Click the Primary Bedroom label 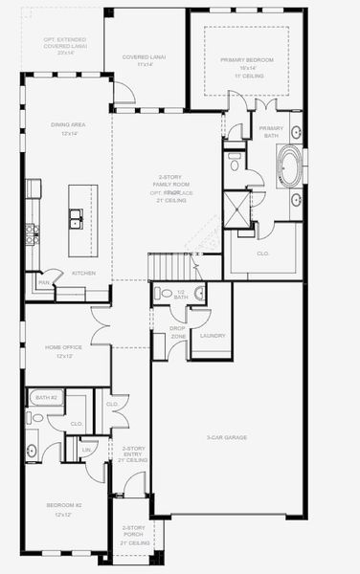coord(246,63)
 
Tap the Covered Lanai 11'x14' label coord(144,60)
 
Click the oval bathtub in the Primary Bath coord(288,165)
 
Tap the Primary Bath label coord(272,130)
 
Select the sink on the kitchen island coord(75,225)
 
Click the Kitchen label coord(84,273)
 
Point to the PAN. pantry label coord(44,282)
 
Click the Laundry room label coord(213,336)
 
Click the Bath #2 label coord(46,396)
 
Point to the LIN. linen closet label coord(86,449)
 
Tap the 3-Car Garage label coord(228,437)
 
